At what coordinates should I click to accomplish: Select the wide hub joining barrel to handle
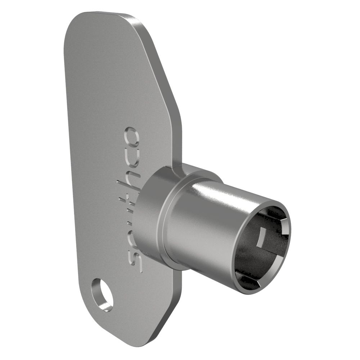[x=148, y=216]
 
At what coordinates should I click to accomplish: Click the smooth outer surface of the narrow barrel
[x=205, y=230]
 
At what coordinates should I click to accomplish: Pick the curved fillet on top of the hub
[x=194, y=169]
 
